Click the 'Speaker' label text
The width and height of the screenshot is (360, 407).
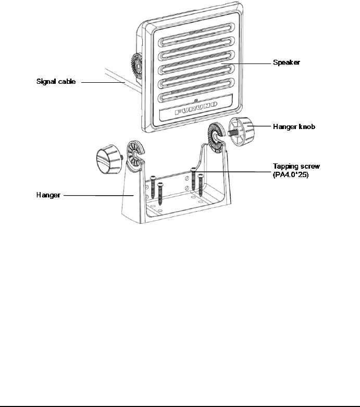point(287,62)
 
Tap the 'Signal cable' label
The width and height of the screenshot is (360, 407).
point(56,81)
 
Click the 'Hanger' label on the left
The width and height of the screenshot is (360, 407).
point(48,196)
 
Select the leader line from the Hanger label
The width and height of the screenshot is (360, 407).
point(99,196)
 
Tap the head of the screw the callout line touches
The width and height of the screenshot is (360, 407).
point(193,169)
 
